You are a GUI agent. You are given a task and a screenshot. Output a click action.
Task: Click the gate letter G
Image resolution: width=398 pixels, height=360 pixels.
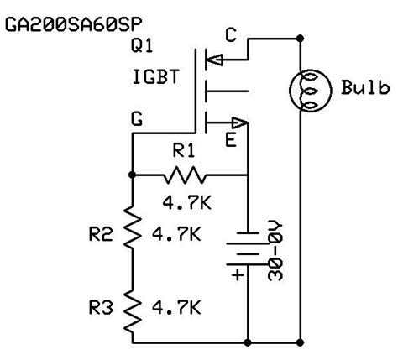coord(135,120)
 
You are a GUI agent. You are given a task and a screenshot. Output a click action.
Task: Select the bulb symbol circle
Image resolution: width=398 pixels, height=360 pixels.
coord(303,87)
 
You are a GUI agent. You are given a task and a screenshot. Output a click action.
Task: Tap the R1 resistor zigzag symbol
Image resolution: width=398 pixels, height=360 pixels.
coord(184,175)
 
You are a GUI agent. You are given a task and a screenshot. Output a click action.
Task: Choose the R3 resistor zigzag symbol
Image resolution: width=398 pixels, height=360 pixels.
coord(132,307)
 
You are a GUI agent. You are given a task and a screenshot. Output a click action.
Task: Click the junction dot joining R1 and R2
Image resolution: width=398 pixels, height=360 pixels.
coord(132,175)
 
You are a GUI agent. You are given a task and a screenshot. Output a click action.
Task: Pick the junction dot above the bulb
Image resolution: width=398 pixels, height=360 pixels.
coord(302,39)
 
